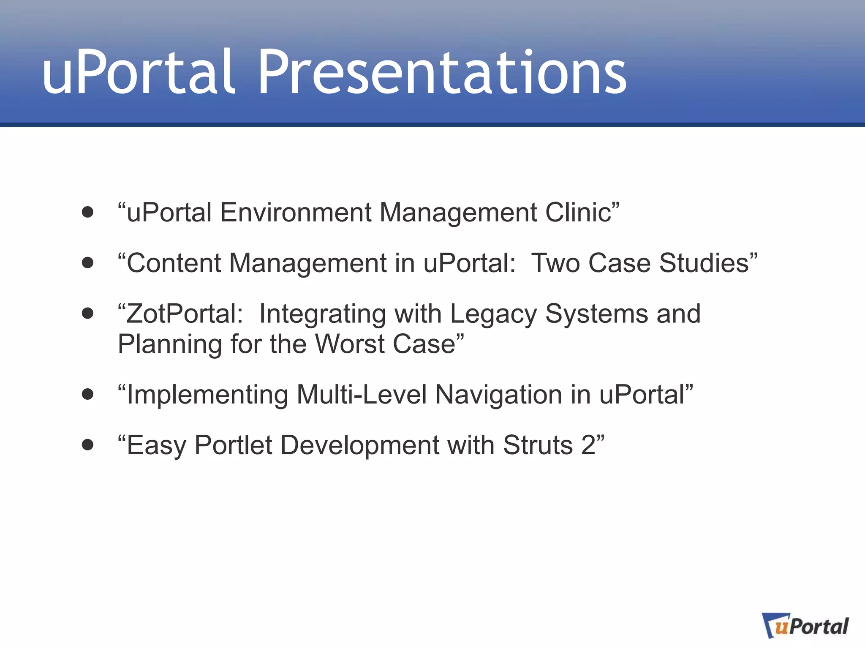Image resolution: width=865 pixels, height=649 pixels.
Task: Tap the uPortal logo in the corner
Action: pos(805,625)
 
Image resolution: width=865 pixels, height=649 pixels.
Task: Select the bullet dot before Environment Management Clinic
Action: pos(87,212)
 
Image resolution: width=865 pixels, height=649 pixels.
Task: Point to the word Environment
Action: pos(295,212)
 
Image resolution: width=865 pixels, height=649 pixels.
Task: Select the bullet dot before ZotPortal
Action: pos(87,314)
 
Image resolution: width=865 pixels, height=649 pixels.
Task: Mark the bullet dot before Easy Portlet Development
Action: pos(87,444)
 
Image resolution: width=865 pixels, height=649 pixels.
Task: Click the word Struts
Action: pos(538,445)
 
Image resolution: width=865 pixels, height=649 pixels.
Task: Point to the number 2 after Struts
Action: pos(588,445)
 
